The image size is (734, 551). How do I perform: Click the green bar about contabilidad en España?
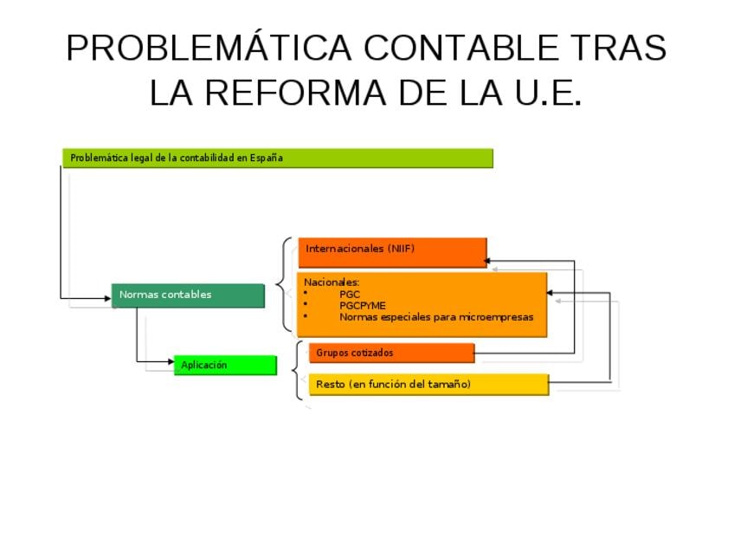coord(277,158)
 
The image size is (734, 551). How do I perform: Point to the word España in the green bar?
coord(266,158)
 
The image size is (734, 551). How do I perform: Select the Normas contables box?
coord(187,295)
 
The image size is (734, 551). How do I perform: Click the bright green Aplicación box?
coord(225,366)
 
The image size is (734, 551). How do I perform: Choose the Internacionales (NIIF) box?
coord(392,250)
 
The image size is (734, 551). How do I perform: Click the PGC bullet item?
coord(350,294)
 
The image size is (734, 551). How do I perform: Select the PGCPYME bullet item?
coord(363,305)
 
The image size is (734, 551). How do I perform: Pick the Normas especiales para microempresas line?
coord(436,317)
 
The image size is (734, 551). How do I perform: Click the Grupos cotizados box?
coord(391,353)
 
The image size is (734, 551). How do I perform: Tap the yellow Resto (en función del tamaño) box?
coord(428,384)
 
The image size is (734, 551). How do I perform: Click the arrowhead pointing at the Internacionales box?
coord(487,260)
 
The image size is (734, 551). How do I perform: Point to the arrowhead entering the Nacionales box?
coord(550,293)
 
